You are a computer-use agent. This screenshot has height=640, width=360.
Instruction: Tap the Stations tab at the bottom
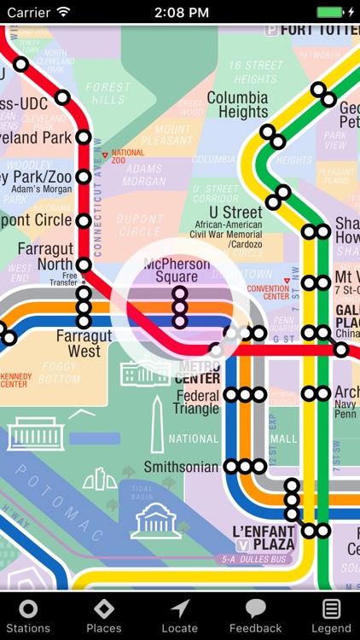coord(28,615)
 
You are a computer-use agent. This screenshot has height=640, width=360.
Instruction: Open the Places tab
coord(103,615)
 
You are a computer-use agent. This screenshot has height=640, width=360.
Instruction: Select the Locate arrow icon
coord(179,615)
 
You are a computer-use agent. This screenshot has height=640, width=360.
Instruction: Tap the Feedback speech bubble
coord(255,615)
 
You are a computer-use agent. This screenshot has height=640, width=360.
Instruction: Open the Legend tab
coord(331,615)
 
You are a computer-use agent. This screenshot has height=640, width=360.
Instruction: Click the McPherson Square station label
coord(177,271)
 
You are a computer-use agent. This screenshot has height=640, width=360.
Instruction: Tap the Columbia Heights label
coord(237,105)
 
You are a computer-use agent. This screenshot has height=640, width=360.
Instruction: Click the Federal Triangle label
coord(197,402)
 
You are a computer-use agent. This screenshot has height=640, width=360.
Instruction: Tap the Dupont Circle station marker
coord(84,221)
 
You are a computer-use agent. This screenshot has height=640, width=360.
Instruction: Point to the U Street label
coord(235,212)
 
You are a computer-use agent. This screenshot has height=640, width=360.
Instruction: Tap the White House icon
coord(147,370)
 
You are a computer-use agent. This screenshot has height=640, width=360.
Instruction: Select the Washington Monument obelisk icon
coord(157,425)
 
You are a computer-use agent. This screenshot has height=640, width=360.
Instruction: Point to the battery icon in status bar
coord(331,12)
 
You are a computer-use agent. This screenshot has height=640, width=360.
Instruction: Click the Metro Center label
coord(200,372)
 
